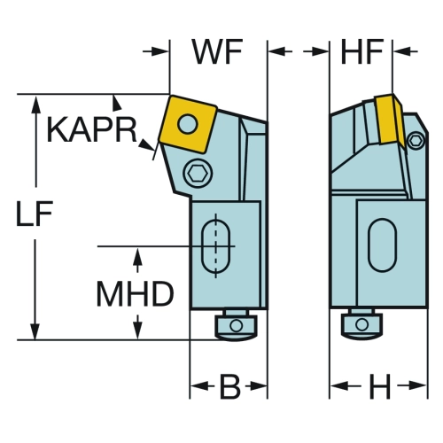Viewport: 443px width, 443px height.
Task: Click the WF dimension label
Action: pos(217,52)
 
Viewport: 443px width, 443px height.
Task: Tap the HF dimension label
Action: pos(362,52)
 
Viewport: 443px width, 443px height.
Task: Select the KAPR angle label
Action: pos(92,129)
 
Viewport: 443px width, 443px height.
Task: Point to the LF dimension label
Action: pos(35,214)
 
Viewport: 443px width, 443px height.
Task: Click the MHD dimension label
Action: pos(136,293)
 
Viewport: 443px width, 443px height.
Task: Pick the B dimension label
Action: pos(230,386)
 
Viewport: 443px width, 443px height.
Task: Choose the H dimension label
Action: pos(380,386)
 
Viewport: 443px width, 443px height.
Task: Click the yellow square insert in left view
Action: pos(188,124)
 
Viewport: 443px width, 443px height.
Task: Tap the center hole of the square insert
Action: pos(187,123)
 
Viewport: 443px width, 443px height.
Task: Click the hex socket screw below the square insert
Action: pos(198,173)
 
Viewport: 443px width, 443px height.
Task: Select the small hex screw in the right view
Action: pos(416,140)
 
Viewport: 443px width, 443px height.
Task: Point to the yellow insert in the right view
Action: pos(389,120)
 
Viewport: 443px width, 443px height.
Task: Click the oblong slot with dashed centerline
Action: pos(216,245)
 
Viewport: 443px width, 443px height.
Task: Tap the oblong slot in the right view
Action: pos(382,245)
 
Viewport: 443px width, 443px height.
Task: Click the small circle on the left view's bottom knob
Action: pos(236,325)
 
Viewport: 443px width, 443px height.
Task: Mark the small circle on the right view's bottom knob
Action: pos(362,324)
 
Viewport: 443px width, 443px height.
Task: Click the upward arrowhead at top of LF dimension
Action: pos(36,105)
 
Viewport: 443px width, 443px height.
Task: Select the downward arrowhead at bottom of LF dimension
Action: pos(35,330)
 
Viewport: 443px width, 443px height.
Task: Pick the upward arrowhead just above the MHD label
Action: pos(137,256)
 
